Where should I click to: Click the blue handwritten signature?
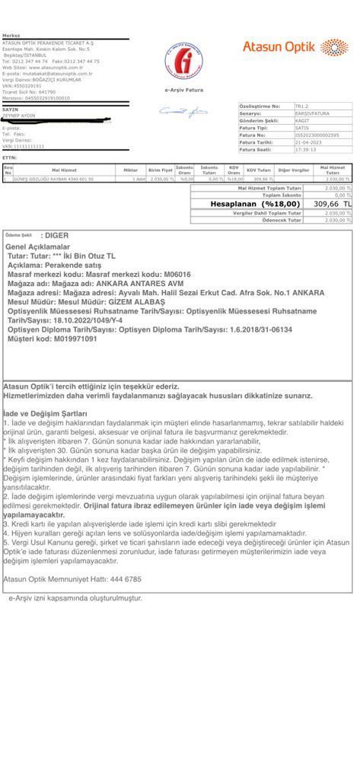tap(183, 112)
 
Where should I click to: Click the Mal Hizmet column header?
tap(65, 170)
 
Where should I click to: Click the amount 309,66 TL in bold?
tap(333, 204)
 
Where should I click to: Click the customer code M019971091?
tap(74, 339)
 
